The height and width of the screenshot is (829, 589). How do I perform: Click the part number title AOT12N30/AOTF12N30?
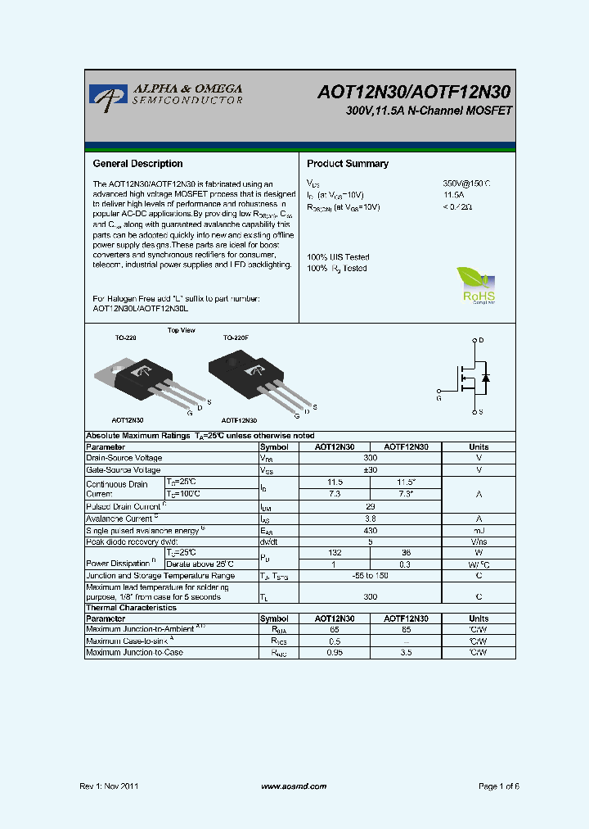tap(415, 93)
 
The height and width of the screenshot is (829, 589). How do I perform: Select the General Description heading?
tap(137, 164)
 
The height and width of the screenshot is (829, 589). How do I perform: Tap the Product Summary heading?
tap(348, 164)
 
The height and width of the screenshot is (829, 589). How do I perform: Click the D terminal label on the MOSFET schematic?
tap(481, 340)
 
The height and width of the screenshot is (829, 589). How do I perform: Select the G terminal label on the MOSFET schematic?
tap(438, 398)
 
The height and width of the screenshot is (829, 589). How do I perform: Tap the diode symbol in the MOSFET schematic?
tap(485, 378)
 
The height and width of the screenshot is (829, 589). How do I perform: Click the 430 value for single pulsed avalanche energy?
tap(370, 531)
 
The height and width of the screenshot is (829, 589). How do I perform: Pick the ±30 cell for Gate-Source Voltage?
tap(370, 470)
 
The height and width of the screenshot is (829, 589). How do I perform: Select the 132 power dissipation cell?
tap(335, 554)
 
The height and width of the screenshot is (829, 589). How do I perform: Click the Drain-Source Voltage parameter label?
tap(124, 459)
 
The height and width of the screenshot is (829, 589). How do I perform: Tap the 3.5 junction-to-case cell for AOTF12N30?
tap(406, 653)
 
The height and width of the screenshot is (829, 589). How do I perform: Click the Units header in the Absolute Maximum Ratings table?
tap(479, 447)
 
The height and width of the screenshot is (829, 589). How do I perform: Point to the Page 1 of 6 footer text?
tap(498, 786)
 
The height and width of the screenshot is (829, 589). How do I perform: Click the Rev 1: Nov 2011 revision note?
tap(109, 786)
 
